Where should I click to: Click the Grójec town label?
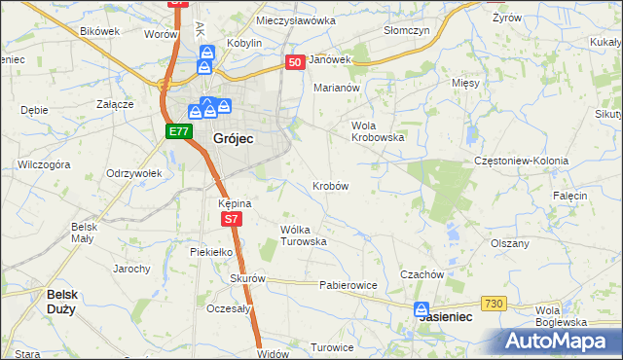(233, 139)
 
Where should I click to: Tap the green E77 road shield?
(176, 131)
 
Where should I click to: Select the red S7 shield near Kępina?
(231, 220)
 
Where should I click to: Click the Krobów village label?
(331, 185)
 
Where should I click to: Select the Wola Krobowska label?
(377, 131)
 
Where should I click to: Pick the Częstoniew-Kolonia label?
(520, 160)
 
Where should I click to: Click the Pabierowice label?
(348, 286)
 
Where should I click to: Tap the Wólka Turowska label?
(303, 234)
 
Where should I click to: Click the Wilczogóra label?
(44, 164)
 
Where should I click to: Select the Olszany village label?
(509, 243)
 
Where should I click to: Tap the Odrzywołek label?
(132, 173)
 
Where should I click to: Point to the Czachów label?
(421, 274)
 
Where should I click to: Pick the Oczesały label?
(229, 308)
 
